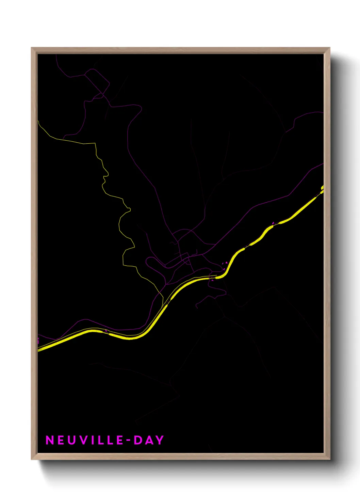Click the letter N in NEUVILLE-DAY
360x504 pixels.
(x=50, y=440)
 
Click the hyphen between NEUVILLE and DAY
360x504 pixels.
(x=129, y=440)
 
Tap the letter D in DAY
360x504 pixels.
(x=138, y=440)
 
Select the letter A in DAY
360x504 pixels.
(x=149, y=440)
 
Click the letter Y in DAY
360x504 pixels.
(x=160, y=440)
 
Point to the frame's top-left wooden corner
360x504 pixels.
(x=33, y=49)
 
